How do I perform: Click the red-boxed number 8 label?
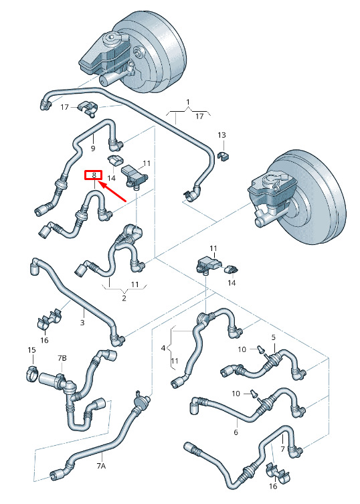(93, 175)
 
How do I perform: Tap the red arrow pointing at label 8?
(112, 191)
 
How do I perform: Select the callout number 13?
(221, 135)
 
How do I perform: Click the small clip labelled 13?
(223, 156)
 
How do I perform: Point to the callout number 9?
(93, 148)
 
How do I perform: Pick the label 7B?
(62, 357)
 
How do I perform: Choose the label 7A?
(101, 465)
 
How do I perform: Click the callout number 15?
(31, 349)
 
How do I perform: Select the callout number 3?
(82, 322)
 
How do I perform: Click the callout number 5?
(274, 337)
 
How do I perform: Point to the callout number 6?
(236, 432)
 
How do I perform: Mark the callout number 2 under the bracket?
(124, 298)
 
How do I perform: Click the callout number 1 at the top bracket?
(188, 102)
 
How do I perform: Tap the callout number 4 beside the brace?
(163, 348)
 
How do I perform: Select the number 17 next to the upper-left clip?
(65, 106)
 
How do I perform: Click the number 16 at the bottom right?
(273, 486)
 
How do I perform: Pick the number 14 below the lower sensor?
(232, 282)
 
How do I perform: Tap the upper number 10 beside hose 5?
(242, 349)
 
